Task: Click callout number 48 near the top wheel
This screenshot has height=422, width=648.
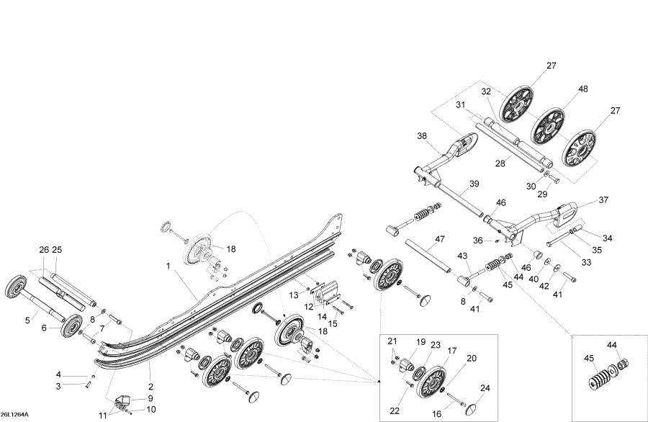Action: pyautogui.click(x=582, y=89)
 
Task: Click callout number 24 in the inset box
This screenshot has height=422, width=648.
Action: pyautogui.click(x=485, y=388)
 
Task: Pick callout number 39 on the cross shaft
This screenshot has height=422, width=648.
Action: pyautogui.click(x=474, y=184)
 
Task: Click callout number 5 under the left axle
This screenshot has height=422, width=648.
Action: pyautogui.click(x=29, y=320)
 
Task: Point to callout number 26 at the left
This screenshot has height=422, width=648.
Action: pyautogui.click(x=44, y=249)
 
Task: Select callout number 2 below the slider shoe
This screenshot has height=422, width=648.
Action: pyautogui.click(x=150, y=367)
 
